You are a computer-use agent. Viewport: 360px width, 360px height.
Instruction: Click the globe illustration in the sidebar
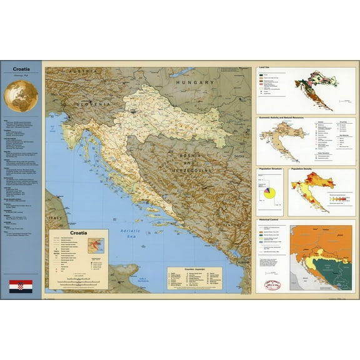click(21, 96)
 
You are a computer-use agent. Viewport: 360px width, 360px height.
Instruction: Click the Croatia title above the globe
click(21, 70)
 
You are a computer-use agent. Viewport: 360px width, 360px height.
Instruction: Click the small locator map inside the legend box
click(96, 246)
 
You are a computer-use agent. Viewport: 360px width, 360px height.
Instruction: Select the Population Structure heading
click(270, 169)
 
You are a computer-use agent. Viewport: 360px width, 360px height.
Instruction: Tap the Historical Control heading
click(272, 221)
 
